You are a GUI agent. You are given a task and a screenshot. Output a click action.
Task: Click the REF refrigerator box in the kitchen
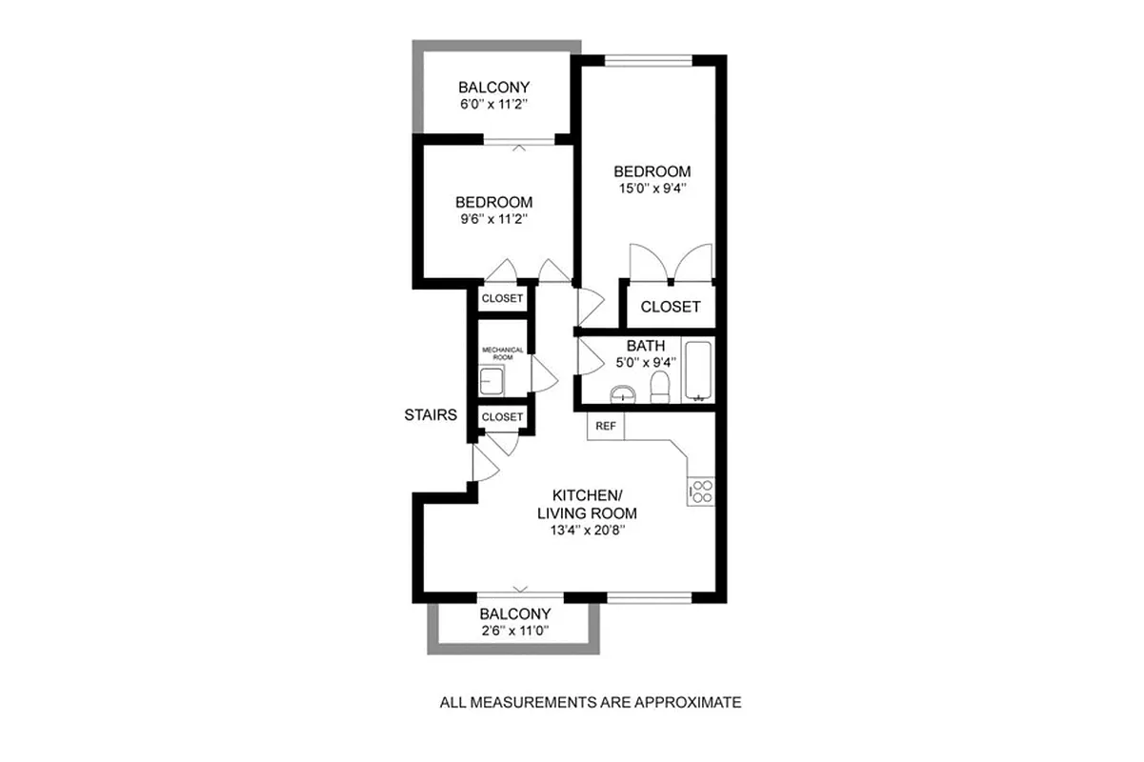tap(605, 427)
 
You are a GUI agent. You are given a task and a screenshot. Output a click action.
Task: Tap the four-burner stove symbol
tap(701, 491)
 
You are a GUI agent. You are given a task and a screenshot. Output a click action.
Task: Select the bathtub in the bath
tap(698, 371)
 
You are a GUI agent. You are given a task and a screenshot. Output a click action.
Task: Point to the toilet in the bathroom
tap(658, 386)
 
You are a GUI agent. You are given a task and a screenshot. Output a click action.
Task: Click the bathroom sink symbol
tap(622, 392)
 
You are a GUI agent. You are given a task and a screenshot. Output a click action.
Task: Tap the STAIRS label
tap(431, 415)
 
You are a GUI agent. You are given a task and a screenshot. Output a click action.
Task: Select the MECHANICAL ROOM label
tap(502, 352)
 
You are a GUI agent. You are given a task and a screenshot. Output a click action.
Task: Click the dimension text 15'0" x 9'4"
tap(652, 189)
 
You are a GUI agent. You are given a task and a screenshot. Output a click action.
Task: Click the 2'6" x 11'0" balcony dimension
tap(514, 632)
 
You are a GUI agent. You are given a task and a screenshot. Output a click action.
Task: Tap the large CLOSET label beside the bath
tap(670, 307)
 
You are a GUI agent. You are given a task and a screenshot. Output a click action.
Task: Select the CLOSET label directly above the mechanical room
tap(502, 298)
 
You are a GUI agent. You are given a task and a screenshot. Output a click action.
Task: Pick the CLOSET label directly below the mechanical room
tap(502, 417)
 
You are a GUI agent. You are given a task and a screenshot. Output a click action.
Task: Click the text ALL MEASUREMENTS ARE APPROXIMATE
tap(590, 703)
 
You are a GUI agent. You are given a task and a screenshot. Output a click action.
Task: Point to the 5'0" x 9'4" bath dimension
tap(646, 362)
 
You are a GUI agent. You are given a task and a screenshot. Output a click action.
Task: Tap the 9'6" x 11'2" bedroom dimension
tap(492, 219)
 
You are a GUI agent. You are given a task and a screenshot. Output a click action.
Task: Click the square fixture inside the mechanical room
tap(492, 383)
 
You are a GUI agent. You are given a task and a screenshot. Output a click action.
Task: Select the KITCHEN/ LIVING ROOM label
tap(587, 504)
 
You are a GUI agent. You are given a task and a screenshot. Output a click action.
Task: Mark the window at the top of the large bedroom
tap(649, 62)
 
